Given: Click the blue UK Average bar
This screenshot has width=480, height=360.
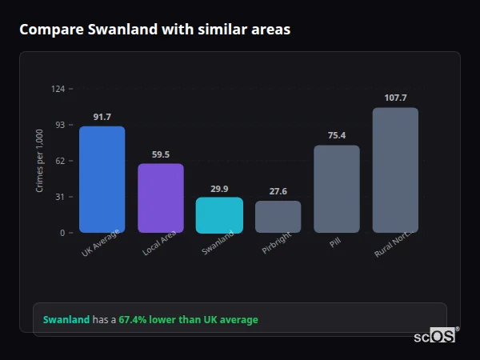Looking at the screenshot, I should click(x=102, y=179).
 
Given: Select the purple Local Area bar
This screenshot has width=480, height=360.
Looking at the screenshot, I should click(x=161, y=198).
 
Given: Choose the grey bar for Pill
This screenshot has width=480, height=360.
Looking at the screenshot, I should click(x=337, y=189).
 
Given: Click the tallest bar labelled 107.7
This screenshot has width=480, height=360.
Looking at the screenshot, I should click(x=395, y=170).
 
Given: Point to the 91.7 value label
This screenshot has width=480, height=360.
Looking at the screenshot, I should click(x=102, y=117).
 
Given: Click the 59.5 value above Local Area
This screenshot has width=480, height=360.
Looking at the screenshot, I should click(x=161, y=154).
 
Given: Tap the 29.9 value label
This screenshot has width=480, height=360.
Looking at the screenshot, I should click(x=219, y=189).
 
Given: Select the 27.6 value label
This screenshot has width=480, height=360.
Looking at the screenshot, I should click(x=278, y=191).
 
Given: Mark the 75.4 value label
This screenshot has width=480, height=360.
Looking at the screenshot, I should click(x=337, y=135).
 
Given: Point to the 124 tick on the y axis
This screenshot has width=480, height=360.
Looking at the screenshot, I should click(x=58, y=89).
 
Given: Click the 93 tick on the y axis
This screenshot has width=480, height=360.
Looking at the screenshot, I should click(x=60, y=125).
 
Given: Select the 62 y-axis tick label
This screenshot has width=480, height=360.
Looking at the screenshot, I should click(x=60, y=161).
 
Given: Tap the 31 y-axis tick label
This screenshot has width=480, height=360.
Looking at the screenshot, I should click(x=60, y=197).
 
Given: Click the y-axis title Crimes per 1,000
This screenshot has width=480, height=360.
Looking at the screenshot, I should click(x=40, y=160).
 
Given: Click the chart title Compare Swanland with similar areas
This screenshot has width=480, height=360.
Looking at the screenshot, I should click(x=154, y=30).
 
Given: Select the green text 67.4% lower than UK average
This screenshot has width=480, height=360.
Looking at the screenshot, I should click(x=188, y=320).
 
